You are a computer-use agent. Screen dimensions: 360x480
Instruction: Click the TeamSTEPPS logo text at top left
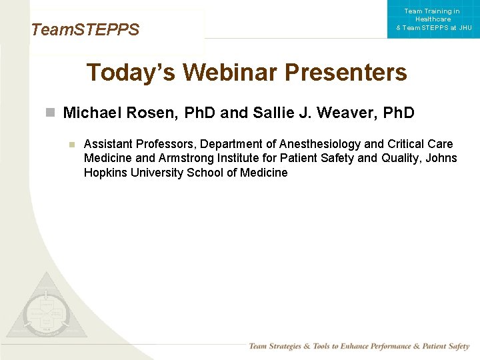point(85,30)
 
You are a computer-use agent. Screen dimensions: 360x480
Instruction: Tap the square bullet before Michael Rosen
point(50,113)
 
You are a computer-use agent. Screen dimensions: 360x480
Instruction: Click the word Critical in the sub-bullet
point(407,144)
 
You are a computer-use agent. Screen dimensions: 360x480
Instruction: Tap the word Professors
point(167,144)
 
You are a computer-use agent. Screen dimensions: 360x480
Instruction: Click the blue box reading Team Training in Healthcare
point(433,19)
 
